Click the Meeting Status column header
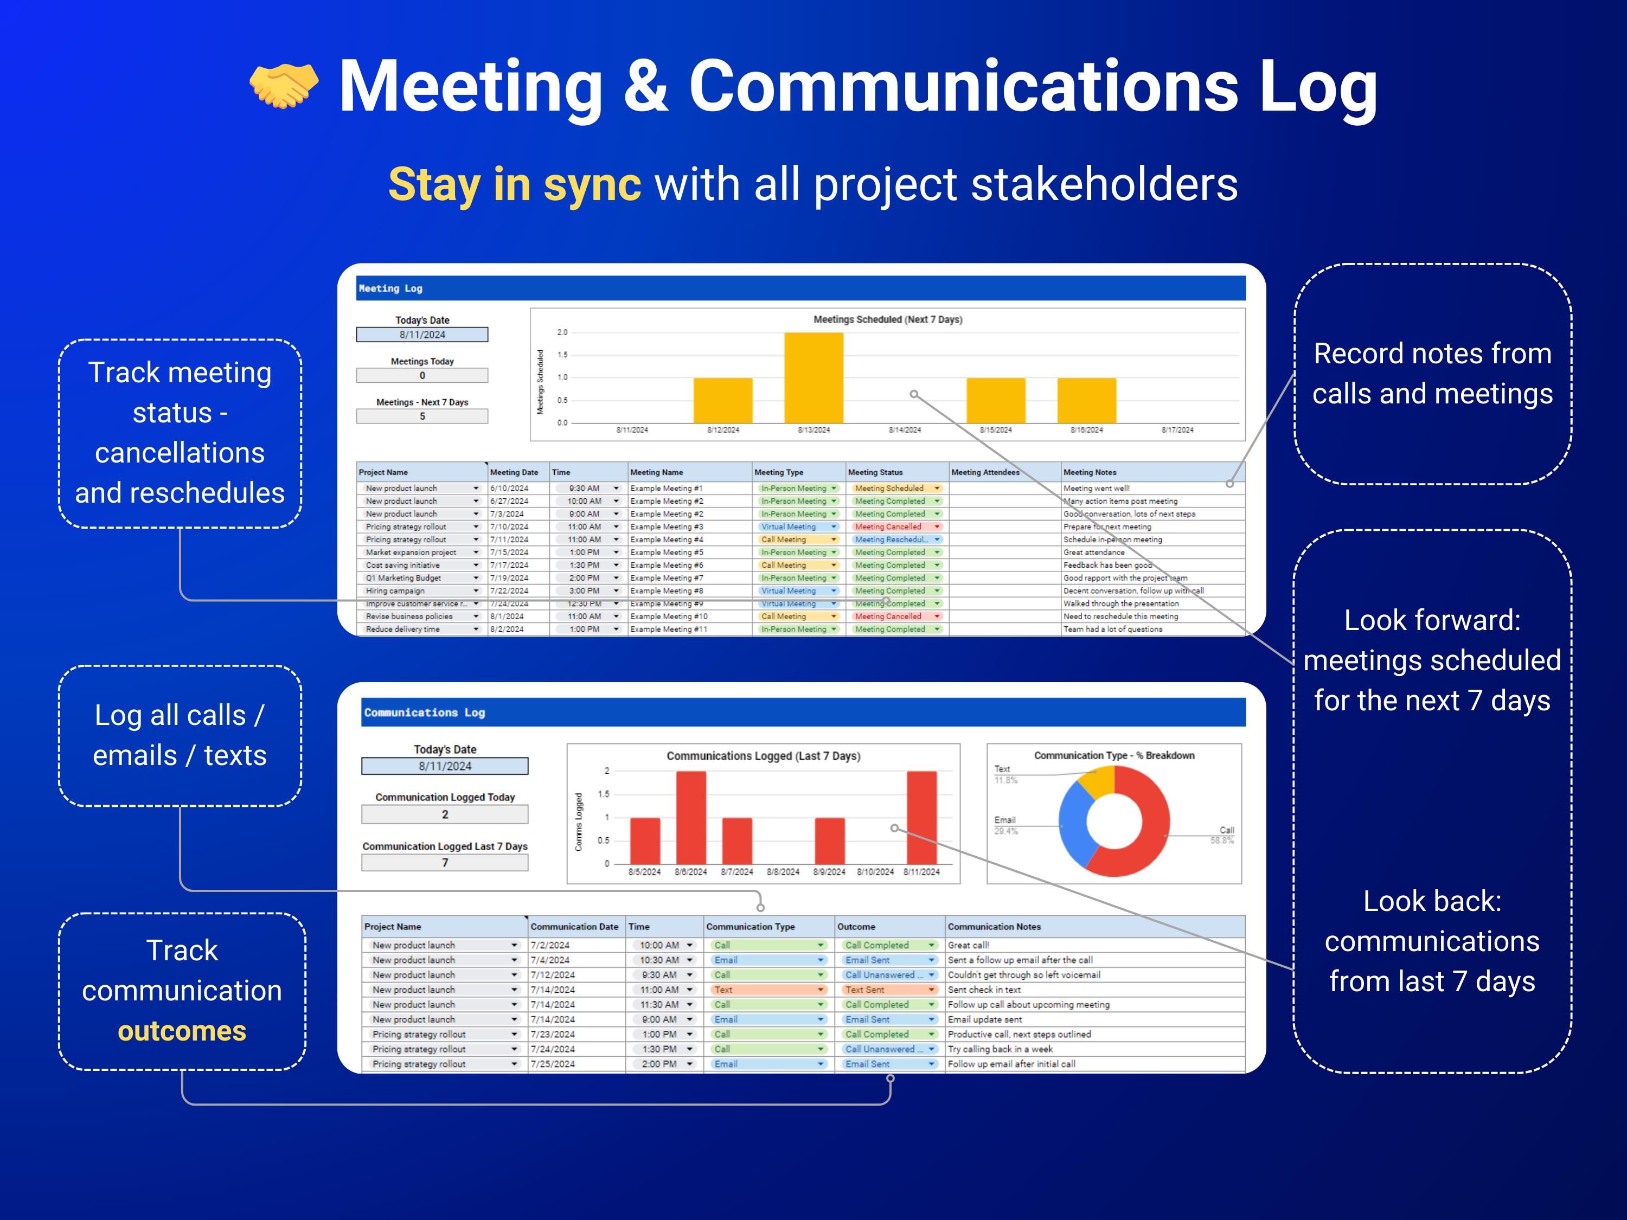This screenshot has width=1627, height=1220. [x=875, y=472]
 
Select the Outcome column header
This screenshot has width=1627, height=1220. [x=856, y=927]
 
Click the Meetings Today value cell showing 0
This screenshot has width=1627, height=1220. [x=422, y=375]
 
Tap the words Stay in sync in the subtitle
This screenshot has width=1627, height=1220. [x=514, y=184]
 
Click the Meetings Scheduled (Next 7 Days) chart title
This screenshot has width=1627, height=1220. [x=887, y=319]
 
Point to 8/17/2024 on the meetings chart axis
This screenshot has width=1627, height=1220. [x=1177, y=429]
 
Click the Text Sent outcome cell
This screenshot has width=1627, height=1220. [x=866, y=990]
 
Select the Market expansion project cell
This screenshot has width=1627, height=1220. [x=412, y=553]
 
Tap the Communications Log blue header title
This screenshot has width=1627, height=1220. [x=425, y=712]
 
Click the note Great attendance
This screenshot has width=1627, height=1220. [x=1094, y=553]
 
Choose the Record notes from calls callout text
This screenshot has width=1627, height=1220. [x=1432, y=374]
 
